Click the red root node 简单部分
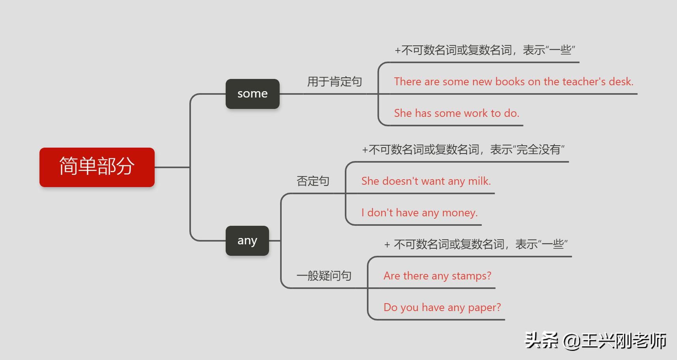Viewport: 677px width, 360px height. [x=97, y=167]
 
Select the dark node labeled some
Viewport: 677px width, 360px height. [x=252, y=94]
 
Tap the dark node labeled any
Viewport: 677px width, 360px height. [x=247, y=241]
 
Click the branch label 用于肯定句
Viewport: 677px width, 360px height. [x=335, y=82]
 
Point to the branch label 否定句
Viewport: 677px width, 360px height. [x=313, y=181]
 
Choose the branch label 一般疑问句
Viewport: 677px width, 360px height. [x=324, y=276]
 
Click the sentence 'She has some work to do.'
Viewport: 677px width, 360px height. [x=456, y=113]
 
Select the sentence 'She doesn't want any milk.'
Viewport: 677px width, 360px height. [x=426, y=181]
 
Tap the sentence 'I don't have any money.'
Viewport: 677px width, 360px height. [x=419, y=213]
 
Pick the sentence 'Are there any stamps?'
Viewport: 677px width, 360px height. [x=438, y=276]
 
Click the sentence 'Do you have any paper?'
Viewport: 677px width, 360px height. [x=442, y=307]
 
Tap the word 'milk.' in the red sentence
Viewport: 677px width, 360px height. [x=479, y=181]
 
